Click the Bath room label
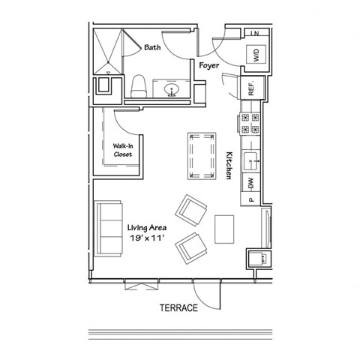coord(152,47)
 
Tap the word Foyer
coord(208,65)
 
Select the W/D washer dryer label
coord(255,54)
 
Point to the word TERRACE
coord(178,308)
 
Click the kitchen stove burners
coord(250,124)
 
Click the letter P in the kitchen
coord(250,199)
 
